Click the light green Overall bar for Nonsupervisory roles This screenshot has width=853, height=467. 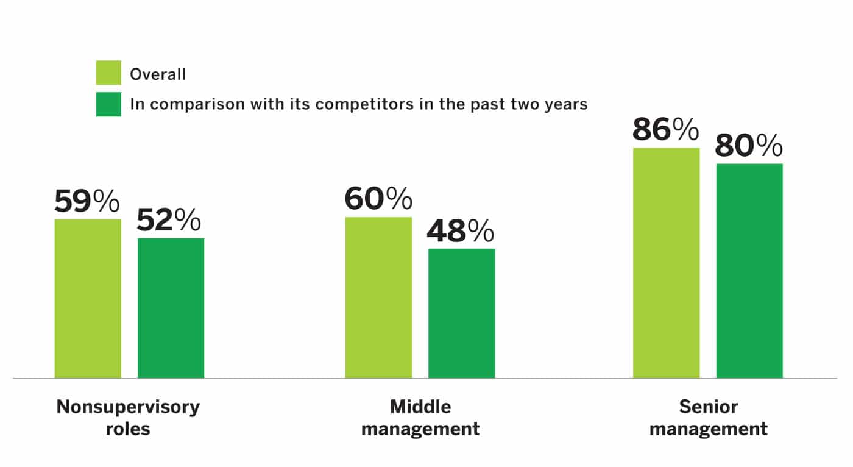88,299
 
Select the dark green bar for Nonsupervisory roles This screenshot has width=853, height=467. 171,308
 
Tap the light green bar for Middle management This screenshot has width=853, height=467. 378,298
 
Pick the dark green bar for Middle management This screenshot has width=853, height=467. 461,313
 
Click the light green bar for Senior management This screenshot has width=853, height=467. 666,262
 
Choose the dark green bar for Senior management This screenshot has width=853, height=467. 749,271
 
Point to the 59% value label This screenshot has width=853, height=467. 88,202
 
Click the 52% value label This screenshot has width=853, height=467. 169,221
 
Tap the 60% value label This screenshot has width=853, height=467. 378,199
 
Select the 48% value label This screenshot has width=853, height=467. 460,231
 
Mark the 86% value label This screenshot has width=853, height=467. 665,129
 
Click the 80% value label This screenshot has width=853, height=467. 748,146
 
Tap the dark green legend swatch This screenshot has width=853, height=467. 108,104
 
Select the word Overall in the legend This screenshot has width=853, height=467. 158,74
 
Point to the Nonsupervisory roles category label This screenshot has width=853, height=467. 128,417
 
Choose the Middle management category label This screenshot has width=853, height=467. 420,417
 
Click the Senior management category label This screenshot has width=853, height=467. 709,417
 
